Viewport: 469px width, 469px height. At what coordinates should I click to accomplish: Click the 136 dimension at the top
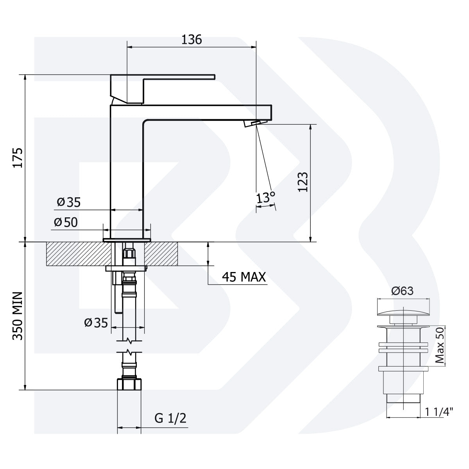click(192, 39)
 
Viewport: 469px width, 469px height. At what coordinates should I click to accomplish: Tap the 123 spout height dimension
click(303, 182)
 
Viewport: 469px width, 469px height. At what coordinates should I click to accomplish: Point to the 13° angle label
click(266, 198)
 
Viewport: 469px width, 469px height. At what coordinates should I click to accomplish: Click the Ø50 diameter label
click(66, 222)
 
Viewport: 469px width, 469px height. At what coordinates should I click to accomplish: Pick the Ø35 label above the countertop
click(68, 202)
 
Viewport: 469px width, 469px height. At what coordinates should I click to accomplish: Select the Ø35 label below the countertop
click(96, 323)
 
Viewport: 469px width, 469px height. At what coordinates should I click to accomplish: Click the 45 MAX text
click(244, 277)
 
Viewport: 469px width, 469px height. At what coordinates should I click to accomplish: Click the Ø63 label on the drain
click(402, 291)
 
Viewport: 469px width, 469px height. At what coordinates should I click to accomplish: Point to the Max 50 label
click(440, 345)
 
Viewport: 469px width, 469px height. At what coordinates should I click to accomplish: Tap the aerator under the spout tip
click(253, 124)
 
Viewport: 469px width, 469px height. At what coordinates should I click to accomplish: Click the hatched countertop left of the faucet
click(74, 254)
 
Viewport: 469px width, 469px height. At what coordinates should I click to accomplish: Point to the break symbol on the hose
click(129, 346)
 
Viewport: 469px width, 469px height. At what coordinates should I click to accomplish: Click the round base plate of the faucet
click(127, 240)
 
